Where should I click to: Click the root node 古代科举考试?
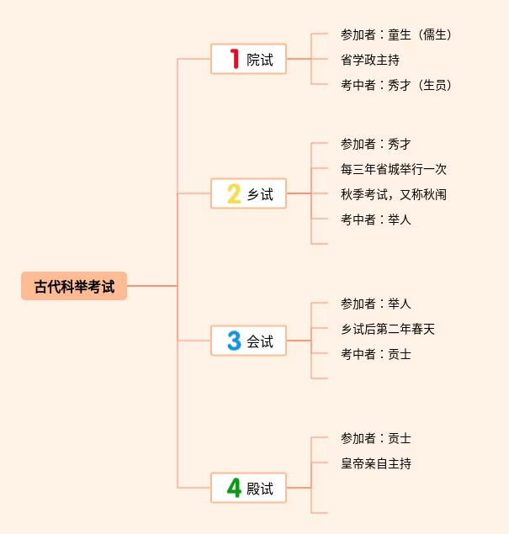point(74,286)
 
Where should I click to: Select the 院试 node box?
point(248,60)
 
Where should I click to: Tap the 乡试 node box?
point(248,194)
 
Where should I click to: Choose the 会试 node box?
point(248,341)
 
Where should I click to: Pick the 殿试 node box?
point(248,488)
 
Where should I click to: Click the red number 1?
point(235,60)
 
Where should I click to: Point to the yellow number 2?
point(234,194)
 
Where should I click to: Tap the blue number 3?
point(234,341)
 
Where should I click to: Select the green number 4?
point(234,488)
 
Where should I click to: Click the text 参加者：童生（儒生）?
point(396,34)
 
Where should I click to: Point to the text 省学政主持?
point(370,60)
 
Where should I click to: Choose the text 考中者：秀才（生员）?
point(396,85)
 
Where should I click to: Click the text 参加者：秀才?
point(376,144)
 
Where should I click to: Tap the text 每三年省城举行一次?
point(394,169)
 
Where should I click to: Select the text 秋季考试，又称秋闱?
point(394,194)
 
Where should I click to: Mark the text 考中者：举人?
point(376,219)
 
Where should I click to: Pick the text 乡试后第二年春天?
point(388,329)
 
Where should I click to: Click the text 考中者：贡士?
point(376,354)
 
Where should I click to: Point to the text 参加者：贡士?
point(376,438)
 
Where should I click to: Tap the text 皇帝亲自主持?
point(376,463)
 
